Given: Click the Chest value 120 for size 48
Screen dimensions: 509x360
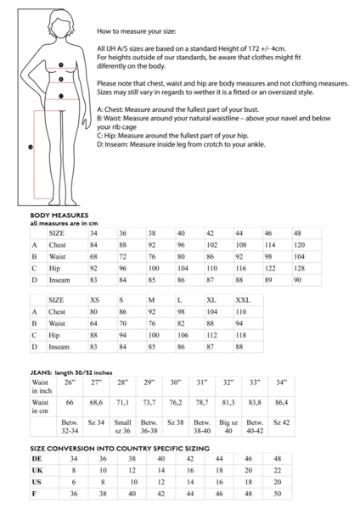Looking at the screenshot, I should coord(299,244).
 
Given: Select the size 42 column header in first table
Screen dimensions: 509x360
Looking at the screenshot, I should coord(210,232).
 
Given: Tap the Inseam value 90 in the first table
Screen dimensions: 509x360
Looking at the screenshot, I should coord(297,279).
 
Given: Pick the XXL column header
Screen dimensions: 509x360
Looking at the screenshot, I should coord(243,300).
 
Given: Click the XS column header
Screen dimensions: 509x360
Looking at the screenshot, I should coord(94,300).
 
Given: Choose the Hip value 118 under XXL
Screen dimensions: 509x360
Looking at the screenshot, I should coord(241,335).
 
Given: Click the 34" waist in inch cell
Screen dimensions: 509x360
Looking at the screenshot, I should coord(281,382).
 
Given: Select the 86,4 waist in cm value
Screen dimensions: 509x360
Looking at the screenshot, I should coord(282,402).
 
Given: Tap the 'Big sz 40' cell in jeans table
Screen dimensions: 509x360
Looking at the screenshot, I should coord(228,425).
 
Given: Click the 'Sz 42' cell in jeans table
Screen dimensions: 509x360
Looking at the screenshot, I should coord(281,422).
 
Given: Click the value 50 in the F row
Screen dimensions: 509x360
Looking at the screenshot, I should coord(300,493).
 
